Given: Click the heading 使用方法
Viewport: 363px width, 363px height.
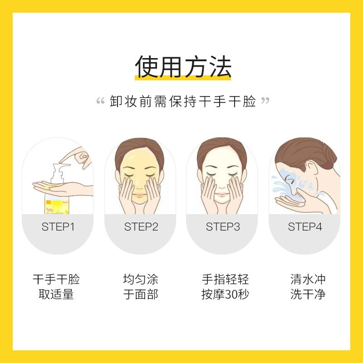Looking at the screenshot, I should click(183, 68).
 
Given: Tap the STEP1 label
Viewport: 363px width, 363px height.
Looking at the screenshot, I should click(58, 227).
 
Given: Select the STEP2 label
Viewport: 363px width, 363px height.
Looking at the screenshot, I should click(141, 227).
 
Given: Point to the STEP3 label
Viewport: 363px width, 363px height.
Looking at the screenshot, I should click(223, 227).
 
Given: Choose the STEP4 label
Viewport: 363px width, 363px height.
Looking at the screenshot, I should click(305, 227).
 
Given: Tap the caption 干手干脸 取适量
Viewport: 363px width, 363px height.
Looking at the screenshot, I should click(56, 287).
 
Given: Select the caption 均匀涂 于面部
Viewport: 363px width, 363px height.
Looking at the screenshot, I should click(141, 287).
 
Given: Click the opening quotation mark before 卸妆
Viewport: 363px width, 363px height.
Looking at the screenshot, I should click(101, 100).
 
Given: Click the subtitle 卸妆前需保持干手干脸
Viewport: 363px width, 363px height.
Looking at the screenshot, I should click(183, 101).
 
